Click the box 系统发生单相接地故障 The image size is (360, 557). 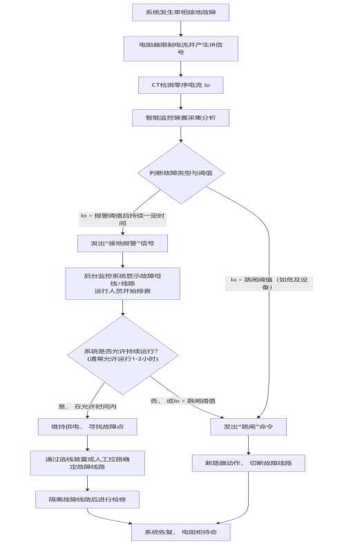pyautogui.click(x=181, y=12)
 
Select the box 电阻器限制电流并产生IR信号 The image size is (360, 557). pyautogui.click(x=181, y=48)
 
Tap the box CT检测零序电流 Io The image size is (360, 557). pyautogui.click(x=181, y=85)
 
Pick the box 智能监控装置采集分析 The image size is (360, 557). pyautogui.click(x=181, y=117)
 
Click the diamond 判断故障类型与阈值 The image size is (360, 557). pyautogui.click(x=181, y=173)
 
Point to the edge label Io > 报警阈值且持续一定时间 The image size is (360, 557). pyautogui.click(x=123, y=220)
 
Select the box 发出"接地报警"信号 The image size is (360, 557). pyautogui.click(x=122, y=243)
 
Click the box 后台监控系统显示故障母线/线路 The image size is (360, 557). pyautogui.click(x=122, y=283)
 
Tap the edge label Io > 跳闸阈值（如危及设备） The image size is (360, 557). pyautogui.click(x=269, y=283)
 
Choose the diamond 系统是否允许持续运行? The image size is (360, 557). pyautogui.click(x=123, y=355)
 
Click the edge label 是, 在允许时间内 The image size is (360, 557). pyautogui.click(x=87, y=406)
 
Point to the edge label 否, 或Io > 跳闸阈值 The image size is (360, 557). pyautogui.click(x=183, y=401)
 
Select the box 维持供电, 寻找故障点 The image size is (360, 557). pyautogui.click(x=87, y=426)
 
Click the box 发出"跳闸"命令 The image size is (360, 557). pyautogui.click(x=248, y=426)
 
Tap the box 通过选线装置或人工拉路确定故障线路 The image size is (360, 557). pyautogui.click(x=87, y=463)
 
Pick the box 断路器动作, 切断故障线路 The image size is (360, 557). pyautogui.click(x=249, y=463)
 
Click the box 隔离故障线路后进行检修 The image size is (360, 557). pyautogui.click(x=87, y=500)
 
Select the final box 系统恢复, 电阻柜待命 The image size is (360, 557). pyautogui.click(x=181, y=532)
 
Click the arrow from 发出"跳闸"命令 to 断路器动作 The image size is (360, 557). pyautogui.click(x=248, y=445)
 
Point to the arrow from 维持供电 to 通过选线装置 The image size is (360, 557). pyautogui.click(x=87, y=444)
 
